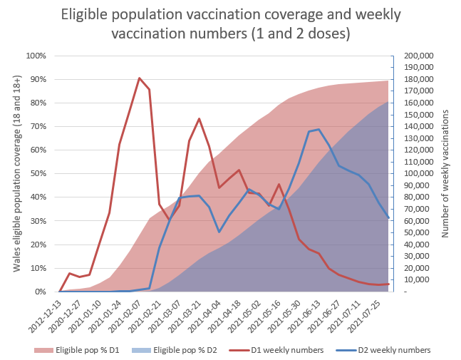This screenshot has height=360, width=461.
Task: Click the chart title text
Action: pos(230,23)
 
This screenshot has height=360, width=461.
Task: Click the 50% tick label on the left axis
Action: pos(38,174)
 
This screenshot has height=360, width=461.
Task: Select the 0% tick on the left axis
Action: pos(40,292)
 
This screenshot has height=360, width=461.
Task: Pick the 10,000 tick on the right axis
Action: pos(415,280)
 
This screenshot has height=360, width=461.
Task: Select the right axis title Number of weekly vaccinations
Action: pos(446,174)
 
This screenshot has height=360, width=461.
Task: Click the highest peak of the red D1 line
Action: pos(140,78)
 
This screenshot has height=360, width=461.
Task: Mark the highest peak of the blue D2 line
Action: pos(318,130)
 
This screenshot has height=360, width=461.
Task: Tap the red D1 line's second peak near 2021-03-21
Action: pos(199,118)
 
